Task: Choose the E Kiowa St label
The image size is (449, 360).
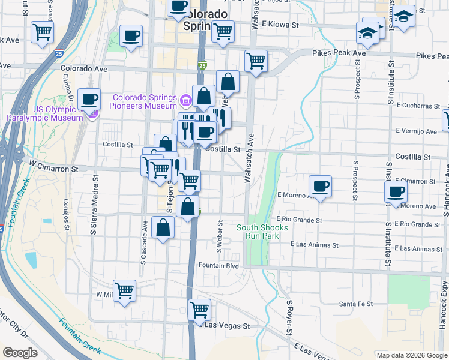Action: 280,25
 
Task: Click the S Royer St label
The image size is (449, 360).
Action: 289,318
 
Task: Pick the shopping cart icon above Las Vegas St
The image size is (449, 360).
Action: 199,310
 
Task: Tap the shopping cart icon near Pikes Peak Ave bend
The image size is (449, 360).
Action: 256,61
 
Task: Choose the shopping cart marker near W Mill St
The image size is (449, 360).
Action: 125,291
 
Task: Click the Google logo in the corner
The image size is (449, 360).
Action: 20,353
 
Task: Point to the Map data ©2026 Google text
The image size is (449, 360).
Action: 411,355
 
